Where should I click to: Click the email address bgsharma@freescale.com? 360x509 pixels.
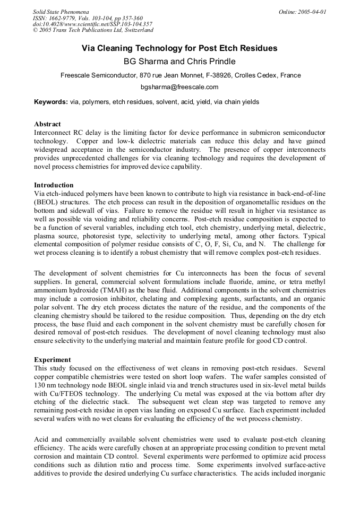point(179,87)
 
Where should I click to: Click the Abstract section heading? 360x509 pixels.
point(47,124)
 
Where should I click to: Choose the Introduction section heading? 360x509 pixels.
point(54,185)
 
